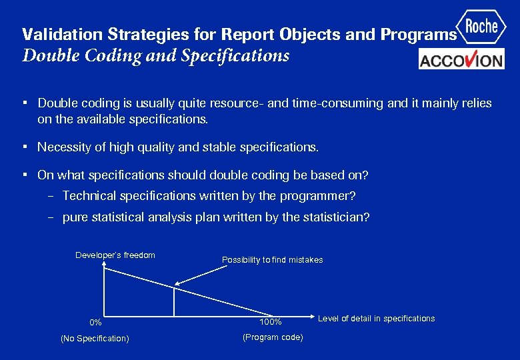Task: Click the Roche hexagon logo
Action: click(x=481, y=27)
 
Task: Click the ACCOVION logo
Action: click(x=461, y=60)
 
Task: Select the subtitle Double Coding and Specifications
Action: click(x=156, y=55)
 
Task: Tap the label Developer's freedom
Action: click(x=115, y=255)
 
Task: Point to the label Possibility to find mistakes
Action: click(x=272, y=260)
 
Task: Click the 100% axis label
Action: click(x=271, y=323)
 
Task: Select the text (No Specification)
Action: click(x=95, y=339)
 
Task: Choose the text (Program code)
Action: click(x=273, y=337)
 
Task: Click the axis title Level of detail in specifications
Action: click(x=376, y=319)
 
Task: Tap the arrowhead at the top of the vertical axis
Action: click(x=103, y=265)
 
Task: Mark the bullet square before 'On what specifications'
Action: click(x=24, y=175)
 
